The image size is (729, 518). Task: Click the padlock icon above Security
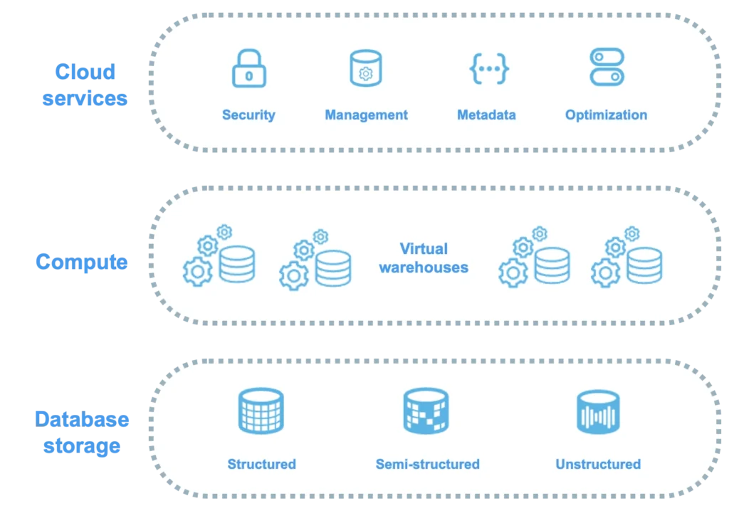click(248, 69)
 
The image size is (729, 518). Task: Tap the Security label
click(248, 115)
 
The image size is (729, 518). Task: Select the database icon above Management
click(366, 68)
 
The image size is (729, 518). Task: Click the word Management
click(366, 115)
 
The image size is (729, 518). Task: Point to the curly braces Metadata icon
click(489, 68)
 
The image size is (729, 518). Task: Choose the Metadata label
click(486, 115)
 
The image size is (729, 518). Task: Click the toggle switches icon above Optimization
click(607, 68)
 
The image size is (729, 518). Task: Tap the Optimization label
click(606, 115)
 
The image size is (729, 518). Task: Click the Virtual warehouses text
click(424, 258)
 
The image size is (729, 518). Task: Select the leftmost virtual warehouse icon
click(219, 258)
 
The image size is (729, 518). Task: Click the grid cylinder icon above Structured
click(261, 411)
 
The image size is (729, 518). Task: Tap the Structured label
click(261, 464)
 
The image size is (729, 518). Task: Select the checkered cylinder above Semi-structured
click(426, 411)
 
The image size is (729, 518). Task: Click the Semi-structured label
click(427, 464)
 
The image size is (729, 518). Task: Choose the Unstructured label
click(598, 464)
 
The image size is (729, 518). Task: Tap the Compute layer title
click(83, 262)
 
